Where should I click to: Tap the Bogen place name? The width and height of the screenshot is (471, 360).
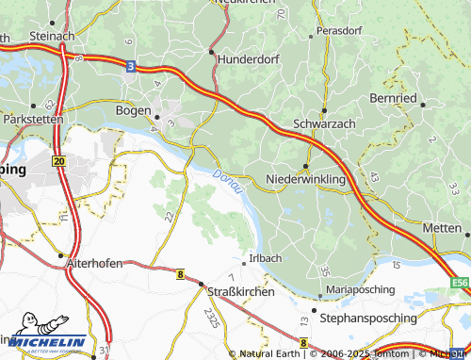[x=132, y=111]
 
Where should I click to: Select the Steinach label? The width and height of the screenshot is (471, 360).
[x=52, y=36]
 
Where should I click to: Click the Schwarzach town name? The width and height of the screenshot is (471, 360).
[x=326, y=124]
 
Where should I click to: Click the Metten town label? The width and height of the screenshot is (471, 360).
[x=442, y=228]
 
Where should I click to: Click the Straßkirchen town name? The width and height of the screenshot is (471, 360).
[x=240, y=292]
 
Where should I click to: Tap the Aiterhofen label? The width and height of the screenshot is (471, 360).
[x=94, y=264]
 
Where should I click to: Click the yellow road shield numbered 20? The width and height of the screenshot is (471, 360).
[x=58, y=162]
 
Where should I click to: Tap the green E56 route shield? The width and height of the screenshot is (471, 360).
[x=459, y=282]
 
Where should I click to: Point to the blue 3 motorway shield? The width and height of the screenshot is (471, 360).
[x=131, y=65]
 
